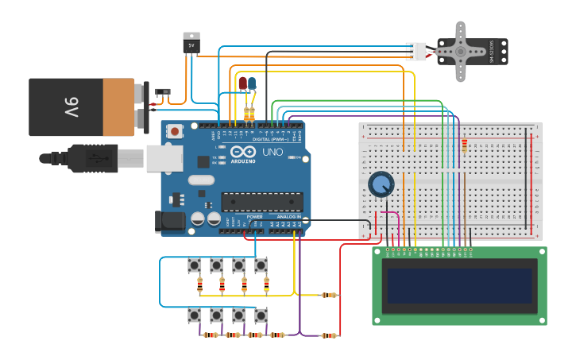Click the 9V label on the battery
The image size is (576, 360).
71,106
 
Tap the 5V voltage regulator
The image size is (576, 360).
191,43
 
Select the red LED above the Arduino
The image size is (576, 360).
242,83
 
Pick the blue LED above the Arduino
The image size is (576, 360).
252,83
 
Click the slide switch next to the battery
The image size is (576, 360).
163,93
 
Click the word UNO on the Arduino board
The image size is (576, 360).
272,152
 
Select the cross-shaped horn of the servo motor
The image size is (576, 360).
461,51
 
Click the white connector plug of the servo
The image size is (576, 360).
416,51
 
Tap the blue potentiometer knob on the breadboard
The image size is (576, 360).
381,184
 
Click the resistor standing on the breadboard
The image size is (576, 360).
464,145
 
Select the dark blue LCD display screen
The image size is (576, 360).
458,285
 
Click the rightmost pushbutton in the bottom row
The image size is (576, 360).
261,315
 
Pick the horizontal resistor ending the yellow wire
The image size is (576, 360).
328,295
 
